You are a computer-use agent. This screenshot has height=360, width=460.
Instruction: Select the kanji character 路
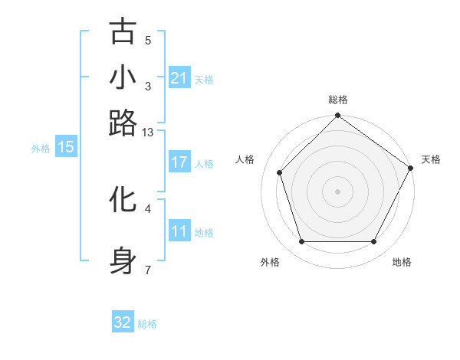click(x=123, y=122)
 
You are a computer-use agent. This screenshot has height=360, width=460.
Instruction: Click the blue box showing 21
click(x=179, y=78)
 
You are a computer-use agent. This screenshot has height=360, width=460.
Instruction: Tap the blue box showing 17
click(x=179, y=162)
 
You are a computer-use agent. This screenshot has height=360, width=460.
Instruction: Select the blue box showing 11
click(x=179, y=231)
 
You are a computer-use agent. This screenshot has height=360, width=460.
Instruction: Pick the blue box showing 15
click(x=65, y=147)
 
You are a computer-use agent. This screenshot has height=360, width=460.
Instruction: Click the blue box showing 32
click(x=123, y=322)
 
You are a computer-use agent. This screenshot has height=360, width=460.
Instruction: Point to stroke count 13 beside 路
click(x=148, y=133)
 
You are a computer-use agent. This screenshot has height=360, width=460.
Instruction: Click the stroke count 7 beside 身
click(x=148, y=270)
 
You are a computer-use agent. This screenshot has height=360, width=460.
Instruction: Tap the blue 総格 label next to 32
click(x=147, y=324)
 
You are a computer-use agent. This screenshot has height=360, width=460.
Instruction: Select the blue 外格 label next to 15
click(x=41, y=149)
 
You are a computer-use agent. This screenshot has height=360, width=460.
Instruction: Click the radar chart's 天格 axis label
click(x=431, y=159)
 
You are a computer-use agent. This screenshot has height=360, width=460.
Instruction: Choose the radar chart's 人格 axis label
click(x=245, y=159)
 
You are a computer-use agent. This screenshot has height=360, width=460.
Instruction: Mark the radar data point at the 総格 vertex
click(x=337, y=116)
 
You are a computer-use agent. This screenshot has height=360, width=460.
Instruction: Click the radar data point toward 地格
click(x=374, y=242)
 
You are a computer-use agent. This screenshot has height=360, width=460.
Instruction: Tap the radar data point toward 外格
click(x=301, y=242)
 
